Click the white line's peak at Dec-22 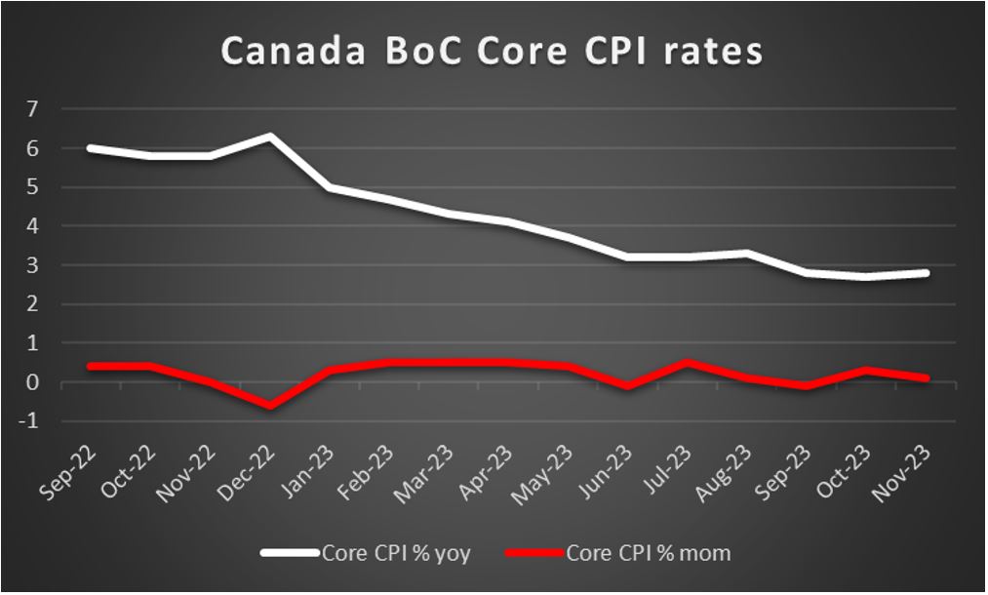coord(270,136)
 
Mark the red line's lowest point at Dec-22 coord(270,407)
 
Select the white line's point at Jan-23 coord(330,186)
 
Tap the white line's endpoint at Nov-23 coord(926,273)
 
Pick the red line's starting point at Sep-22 coord(91,367)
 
